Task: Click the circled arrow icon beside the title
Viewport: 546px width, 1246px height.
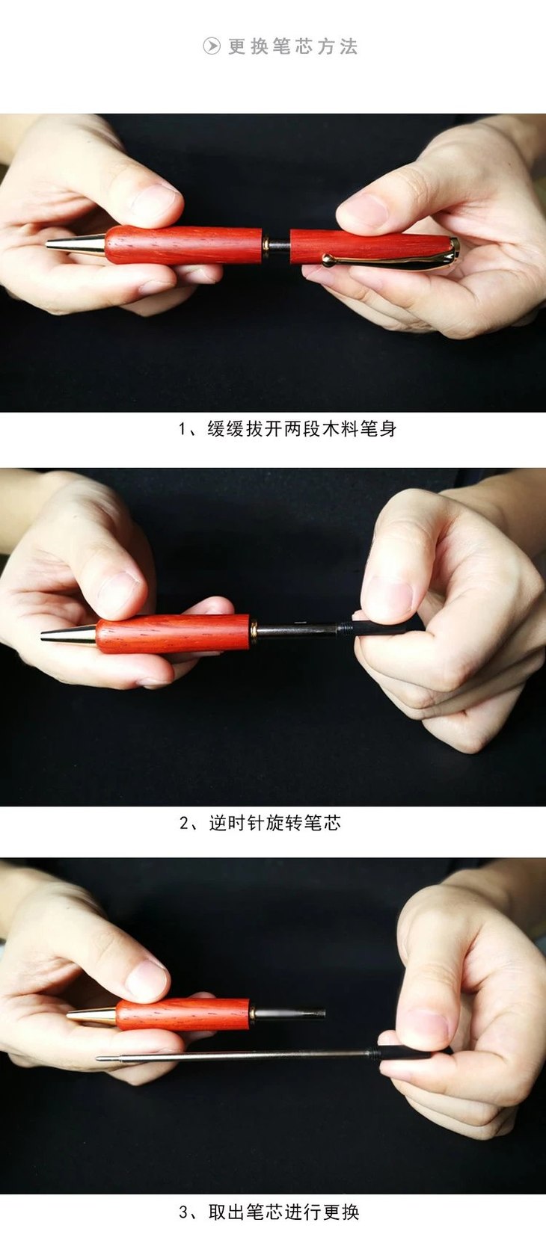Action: point(212,46)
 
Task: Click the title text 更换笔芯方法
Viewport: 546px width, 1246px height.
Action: point(292,46)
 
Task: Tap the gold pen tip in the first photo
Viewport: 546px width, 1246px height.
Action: point(75,244)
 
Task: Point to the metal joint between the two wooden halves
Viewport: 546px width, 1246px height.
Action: point(276,245)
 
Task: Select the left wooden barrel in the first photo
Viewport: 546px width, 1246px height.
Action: point(184,244)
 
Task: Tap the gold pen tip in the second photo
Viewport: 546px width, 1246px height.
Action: point(69,635)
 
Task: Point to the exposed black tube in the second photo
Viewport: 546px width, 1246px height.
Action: point(297,629)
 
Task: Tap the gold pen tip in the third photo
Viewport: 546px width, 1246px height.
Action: point(92,1016)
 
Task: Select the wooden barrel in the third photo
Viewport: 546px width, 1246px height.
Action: point(183,1015)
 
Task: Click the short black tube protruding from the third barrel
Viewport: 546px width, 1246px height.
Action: point(289,1014)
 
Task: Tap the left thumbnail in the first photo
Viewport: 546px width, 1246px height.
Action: point(156,201)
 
